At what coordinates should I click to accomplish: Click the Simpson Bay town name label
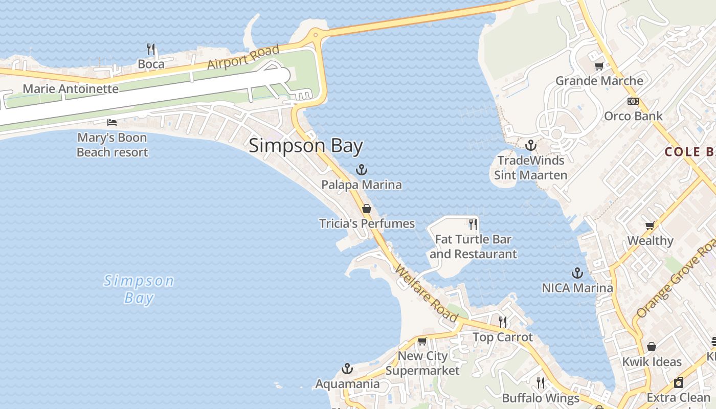click(x=306, y=146)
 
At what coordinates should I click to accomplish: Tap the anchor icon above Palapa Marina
click(x=362, y=170)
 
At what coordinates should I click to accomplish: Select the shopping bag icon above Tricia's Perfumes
click(x=366, y=209)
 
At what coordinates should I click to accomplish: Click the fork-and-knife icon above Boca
click(x=151, y=49)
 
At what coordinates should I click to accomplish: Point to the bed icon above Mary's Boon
click(x=112, y=123)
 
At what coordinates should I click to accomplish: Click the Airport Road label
click(x=243, y=57)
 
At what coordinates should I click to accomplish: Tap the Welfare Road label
click(x=427, y=294)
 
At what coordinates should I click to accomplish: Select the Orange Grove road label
click(x=674, y=279)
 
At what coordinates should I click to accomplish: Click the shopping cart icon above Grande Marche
click(x=599, y=66)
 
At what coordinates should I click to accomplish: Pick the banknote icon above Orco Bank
click(x=633, y=101)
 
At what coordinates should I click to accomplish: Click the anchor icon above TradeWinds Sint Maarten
click(x=531, y=145)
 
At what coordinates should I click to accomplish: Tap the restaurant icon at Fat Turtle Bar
click(x=473, y=224)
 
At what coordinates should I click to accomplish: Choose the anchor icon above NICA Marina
click(x=577, y=273)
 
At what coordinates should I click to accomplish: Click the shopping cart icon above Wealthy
click(x=650, y=225)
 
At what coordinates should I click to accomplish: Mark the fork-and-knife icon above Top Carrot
click(x=503, y=322)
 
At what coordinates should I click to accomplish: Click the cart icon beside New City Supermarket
click(x=422, y=341)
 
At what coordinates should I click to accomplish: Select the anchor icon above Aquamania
click(x=347, y=369)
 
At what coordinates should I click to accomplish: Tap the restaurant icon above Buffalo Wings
click(x=541, y=382)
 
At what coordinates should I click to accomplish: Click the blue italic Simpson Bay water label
click(x=139, y=289)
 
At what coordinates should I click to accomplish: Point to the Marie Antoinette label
click(x=71, y=89)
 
